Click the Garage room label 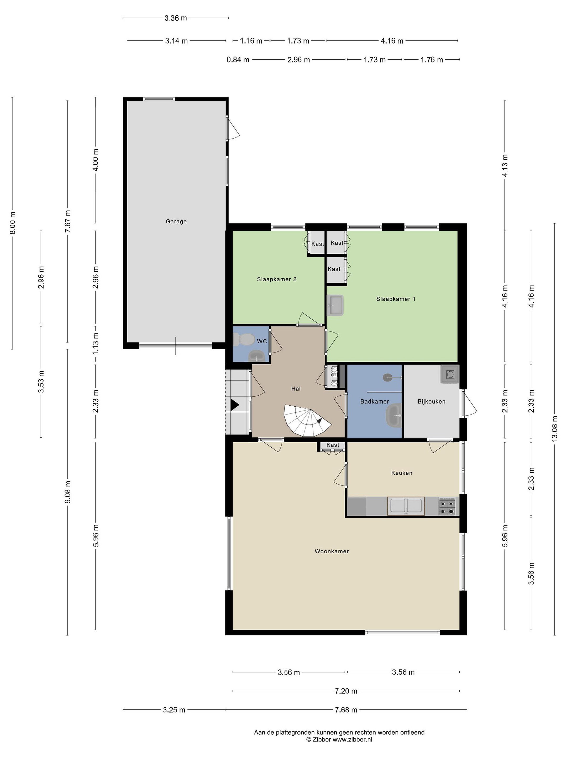coord(176,221)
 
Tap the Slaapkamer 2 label coord(276,279)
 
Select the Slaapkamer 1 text coord(396,299)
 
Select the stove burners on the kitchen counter coord(447,507)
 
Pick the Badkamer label coord(375,401)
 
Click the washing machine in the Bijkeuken coord(449,374)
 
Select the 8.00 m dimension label coord(13,223)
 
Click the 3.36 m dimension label coord(176,18)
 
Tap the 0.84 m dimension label coord(238,60)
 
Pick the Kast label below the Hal coord(333,445)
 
